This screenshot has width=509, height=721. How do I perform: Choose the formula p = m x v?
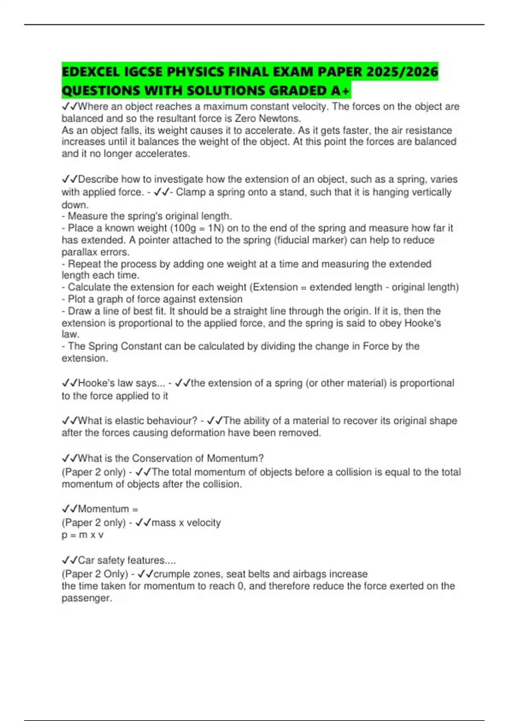click(83, 535)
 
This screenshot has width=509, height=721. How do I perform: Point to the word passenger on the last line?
click(86, 598)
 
